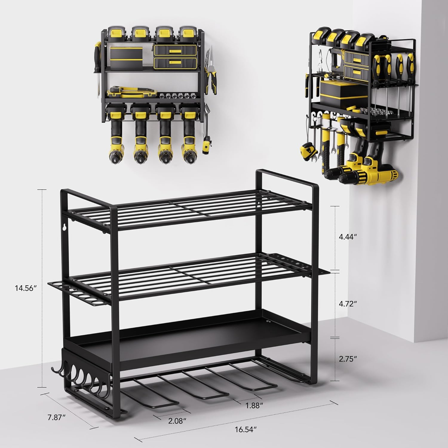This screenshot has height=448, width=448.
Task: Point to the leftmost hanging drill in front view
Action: (x=114, y=137)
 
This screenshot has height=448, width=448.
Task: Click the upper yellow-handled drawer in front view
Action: (x=175, y=51)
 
